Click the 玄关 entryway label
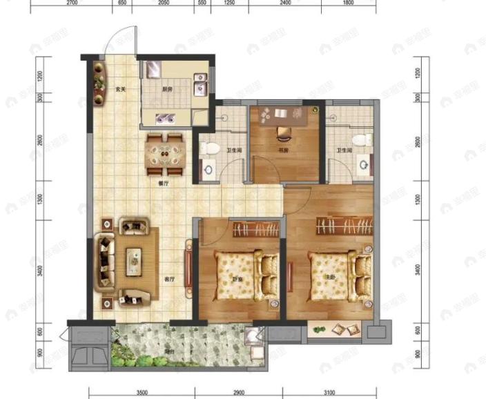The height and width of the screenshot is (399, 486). [119, 89]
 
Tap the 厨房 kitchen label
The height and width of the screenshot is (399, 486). [168, 89]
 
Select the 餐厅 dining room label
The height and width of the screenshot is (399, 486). [164, 184]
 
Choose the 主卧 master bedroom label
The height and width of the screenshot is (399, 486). [331, 279]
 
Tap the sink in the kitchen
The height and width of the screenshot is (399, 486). [201, 82]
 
